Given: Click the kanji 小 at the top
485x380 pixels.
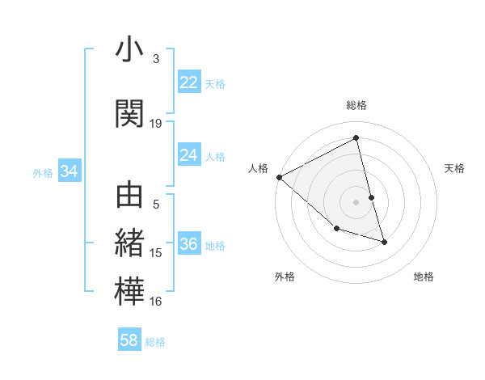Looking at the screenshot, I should (130, 50).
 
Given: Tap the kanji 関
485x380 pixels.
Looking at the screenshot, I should (130, 114).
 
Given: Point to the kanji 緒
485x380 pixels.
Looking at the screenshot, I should (130, 243).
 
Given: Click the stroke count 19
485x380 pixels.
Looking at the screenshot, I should (156, 124).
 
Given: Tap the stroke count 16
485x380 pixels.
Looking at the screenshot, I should (156, 302).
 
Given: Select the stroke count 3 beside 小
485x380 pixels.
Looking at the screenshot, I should (156, 59).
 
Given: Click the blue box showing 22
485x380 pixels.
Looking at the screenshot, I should (188, 82).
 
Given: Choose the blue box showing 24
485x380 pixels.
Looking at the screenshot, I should (188, 155).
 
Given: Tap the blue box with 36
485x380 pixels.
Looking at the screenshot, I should (188, 244).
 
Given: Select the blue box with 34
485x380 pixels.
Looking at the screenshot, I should (69, 171).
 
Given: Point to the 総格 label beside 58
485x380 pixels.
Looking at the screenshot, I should (155, 342).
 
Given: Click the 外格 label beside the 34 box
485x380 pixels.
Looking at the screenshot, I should (43, 172).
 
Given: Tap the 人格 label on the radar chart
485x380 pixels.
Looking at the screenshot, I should (258, 168).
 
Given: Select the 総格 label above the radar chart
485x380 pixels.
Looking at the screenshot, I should (356, 105).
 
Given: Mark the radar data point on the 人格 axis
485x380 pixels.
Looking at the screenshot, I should (279, 177).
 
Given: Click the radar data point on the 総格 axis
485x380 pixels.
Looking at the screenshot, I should (356, 138).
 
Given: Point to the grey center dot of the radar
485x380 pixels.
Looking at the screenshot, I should (356, 201).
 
